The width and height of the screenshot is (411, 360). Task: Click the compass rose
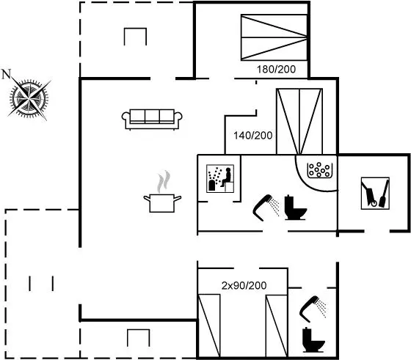29,98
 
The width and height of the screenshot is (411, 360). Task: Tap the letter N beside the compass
7,74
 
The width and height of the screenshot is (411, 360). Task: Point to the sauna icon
220,179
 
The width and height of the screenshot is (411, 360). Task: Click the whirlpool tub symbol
319,170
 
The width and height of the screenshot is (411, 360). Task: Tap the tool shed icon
375,194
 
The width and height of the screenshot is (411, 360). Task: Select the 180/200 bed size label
276,70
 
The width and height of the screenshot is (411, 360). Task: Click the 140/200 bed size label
253,136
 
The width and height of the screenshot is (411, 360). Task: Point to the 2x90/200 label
244,285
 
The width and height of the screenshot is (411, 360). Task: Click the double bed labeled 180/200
274,37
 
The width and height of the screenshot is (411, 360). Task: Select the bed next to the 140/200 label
299,122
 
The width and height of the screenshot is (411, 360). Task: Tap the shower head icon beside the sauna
266,207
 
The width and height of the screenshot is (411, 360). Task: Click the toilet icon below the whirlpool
295,207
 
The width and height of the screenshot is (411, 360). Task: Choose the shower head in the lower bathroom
313,309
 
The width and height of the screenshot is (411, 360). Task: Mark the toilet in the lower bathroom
313,339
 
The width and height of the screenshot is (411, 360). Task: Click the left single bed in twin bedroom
209,326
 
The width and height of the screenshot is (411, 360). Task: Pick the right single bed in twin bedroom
277,326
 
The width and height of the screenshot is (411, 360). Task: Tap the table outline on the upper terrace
135,37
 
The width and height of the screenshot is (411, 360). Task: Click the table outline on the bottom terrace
139,338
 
